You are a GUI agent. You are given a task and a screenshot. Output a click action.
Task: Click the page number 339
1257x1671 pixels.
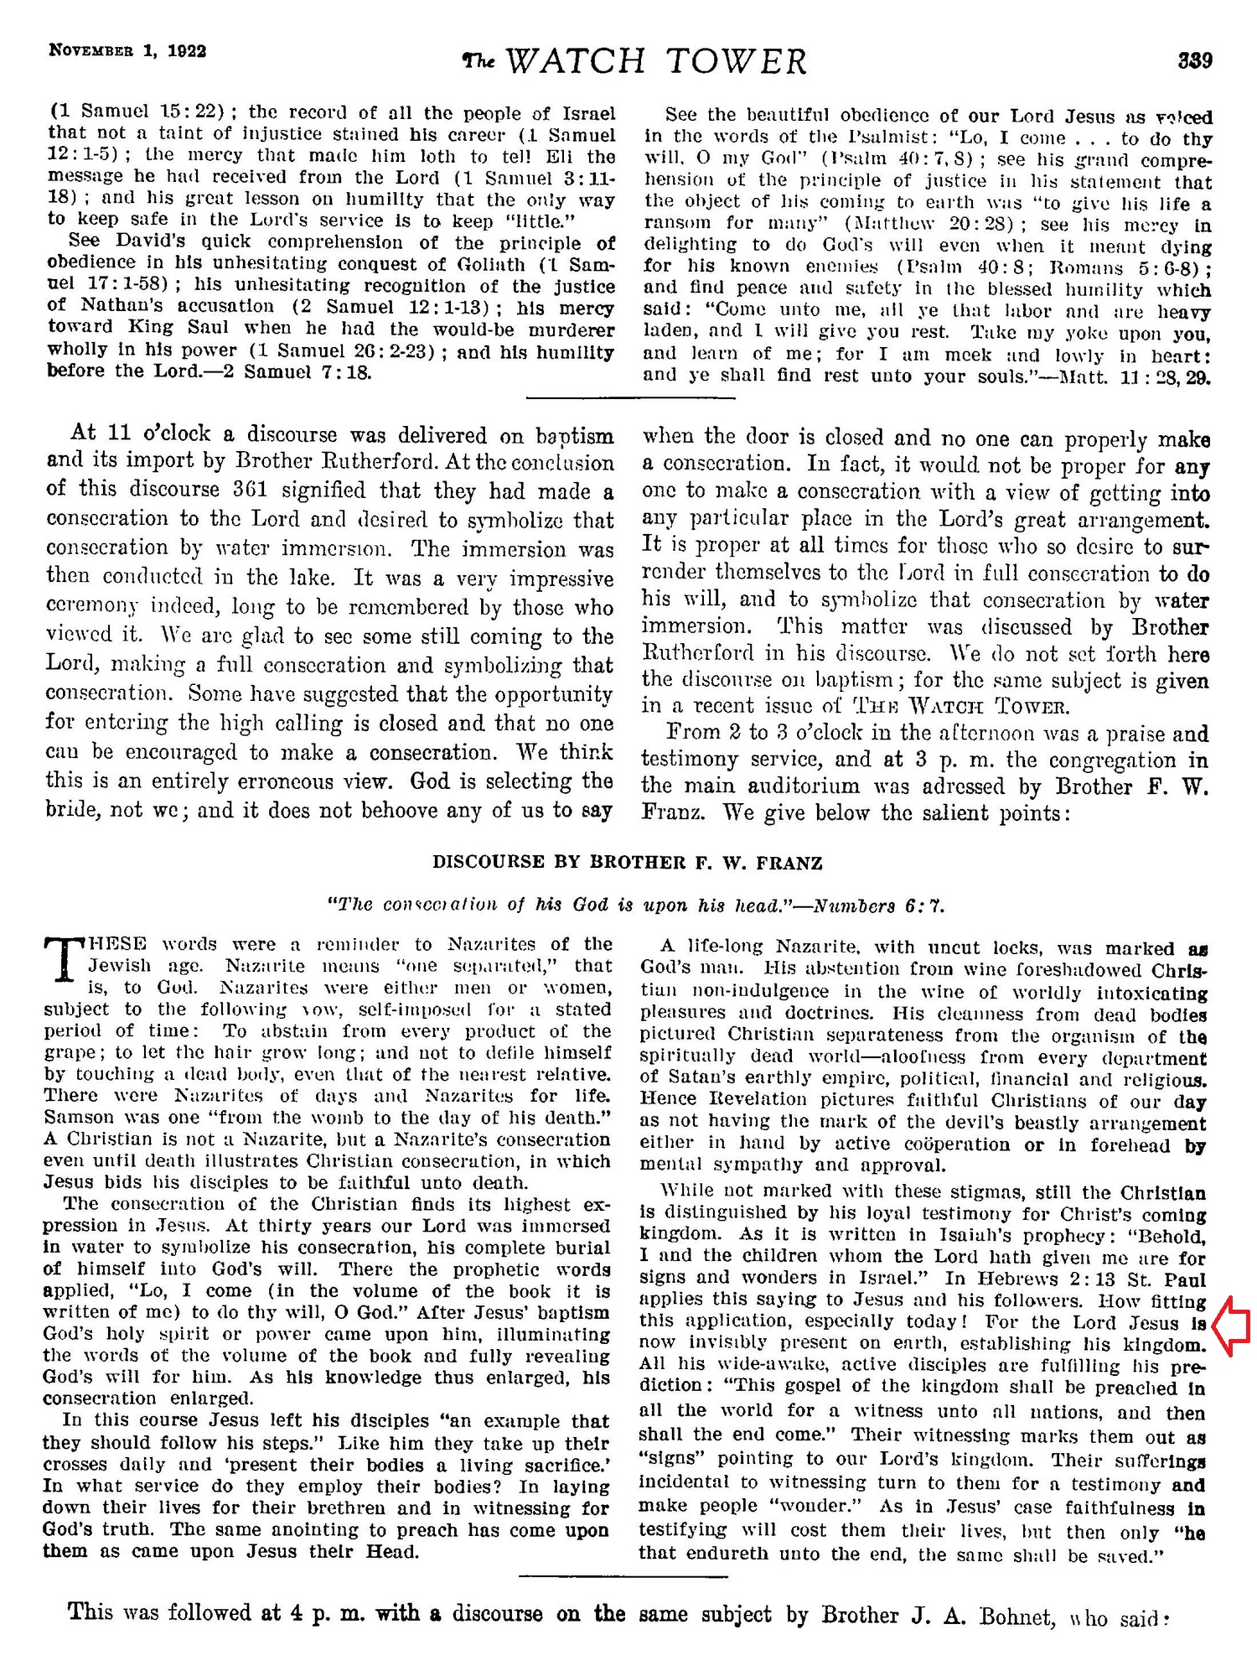(x=1195, y=61)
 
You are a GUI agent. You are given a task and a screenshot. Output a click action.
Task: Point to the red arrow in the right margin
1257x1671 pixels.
(x=1231, y=1326)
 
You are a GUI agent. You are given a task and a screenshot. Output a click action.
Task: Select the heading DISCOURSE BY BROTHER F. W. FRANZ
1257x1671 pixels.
(x=628, y=863)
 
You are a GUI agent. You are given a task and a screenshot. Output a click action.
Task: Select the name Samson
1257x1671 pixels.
(x=82, y=1118)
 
